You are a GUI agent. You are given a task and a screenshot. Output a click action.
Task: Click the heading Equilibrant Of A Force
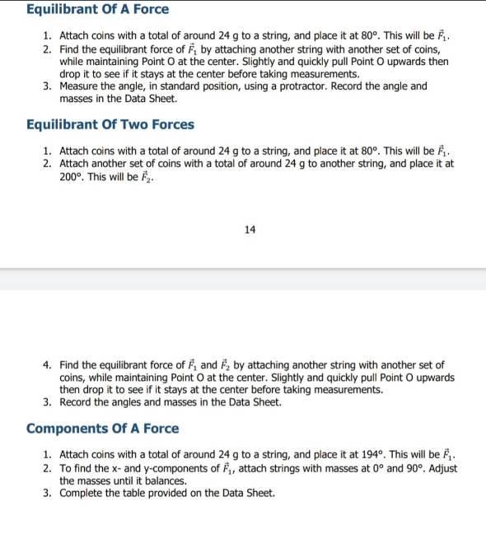coord(97,10)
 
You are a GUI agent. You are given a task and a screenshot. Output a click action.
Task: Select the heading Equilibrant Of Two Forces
coord(110,125)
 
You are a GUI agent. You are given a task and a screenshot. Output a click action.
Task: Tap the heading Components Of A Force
coord(102,429)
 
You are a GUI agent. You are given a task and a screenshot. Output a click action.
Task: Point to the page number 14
coord(250,230)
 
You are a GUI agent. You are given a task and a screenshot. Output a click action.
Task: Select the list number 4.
coord(48,364)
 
